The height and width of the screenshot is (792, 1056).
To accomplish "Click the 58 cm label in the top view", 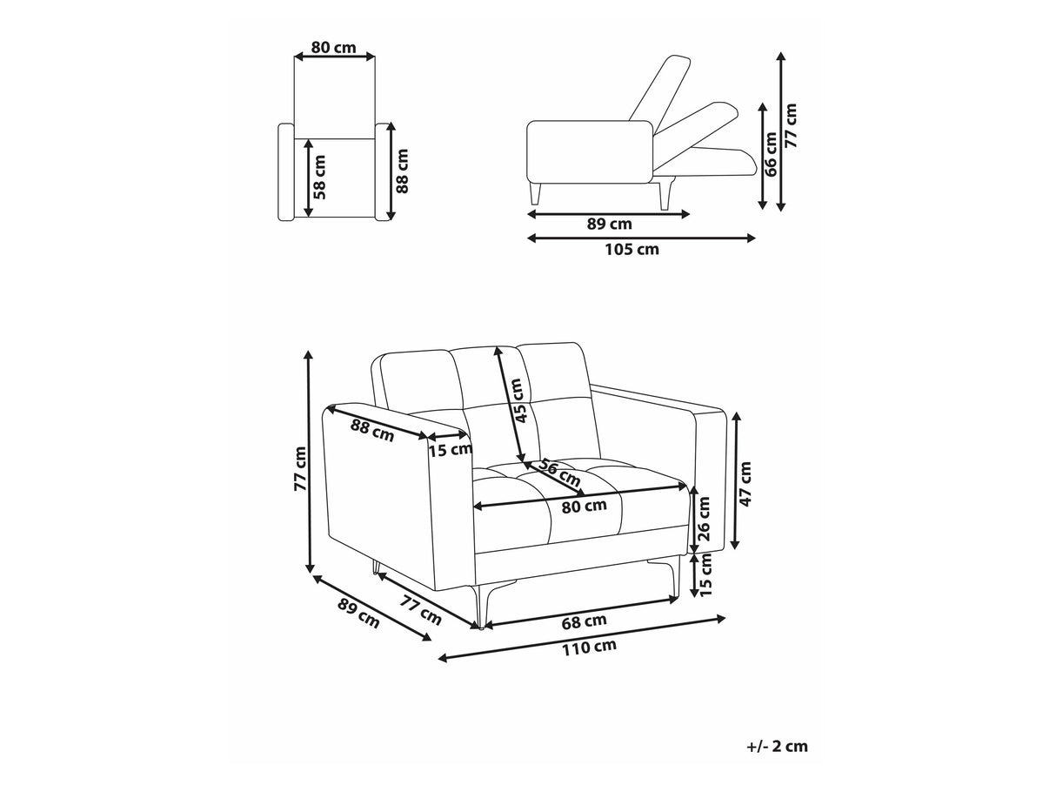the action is coord(319,177).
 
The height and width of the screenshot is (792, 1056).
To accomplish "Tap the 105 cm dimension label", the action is coord(632,250).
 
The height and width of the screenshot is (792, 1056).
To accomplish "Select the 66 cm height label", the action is coord(771,154).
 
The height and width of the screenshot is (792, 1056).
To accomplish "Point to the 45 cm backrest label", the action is coord(520,400).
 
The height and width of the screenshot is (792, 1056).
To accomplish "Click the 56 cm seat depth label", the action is coord(558,472).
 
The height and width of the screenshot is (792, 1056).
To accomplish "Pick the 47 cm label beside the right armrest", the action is coord(745,484).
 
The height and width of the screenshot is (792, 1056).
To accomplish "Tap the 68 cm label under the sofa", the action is coord(584,621).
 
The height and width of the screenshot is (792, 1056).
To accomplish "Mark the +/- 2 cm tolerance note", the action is coord(778,746).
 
